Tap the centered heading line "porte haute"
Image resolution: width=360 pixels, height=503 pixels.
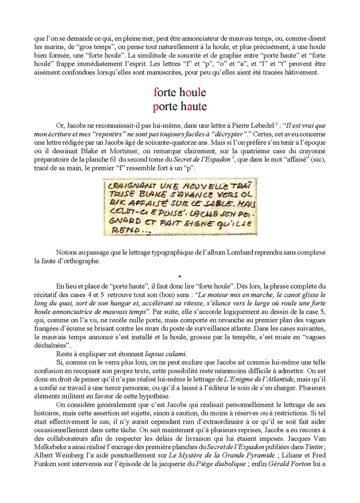pos(180,105)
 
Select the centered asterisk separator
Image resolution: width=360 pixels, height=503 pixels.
pos(180,277)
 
